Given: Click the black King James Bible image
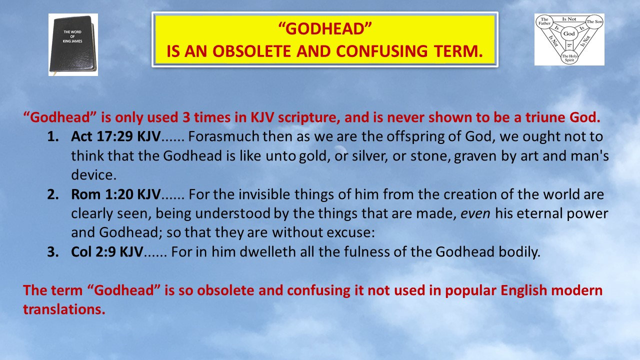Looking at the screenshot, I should coord(72,45).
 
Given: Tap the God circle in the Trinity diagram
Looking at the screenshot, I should coord(568,34).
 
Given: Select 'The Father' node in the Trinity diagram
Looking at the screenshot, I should coord(543,22).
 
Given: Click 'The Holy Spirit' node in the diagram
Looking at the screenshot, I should coord(569,58).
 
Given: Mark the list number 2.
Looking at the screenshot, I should coord(53,194).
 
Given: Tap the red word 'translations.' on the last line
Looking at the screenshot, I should coord(64,309).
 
